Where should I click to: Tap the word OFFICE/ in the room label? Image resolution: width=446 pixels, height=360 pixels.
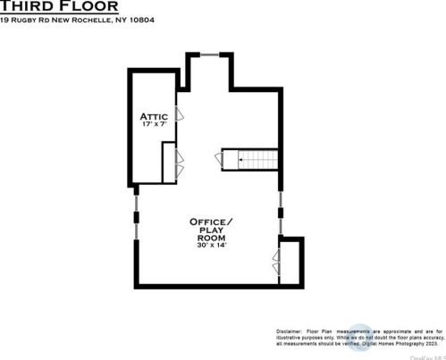coord(211,221)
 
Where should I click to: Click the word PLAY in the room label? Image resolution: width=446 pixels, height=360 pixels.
coord(210,230)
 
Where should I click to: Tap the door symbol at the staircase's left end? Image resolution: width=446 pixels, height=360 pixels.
coord(219,159)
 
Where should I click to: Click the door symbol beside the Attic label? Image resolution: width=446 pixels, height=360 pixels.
coord(180,114)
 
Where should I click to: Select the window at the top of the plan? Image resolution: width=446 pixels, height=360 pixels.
coord(210,54)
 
